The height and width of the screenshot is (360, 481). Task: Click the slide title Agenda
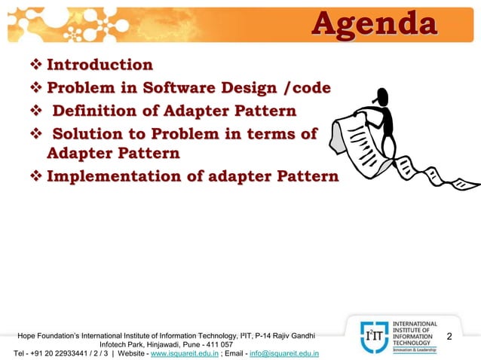[x=374, y=23]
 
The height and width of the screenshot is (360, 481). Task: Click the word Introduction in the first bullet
[x=100, y=65]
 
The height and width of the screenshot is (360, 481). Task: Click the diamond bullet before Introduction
[x=36, y=66]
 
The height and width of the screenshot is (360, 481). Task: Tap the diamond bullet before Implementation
[x=36, y=178]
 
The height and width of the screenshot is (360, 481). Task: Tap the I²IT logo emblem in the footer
[x=368, y=336]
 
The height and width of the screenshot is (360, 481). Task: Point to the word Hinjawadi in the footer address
[x=159, y=343]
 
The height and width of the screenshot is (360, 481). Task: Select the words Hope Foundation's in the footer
[x=47, y=334]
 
